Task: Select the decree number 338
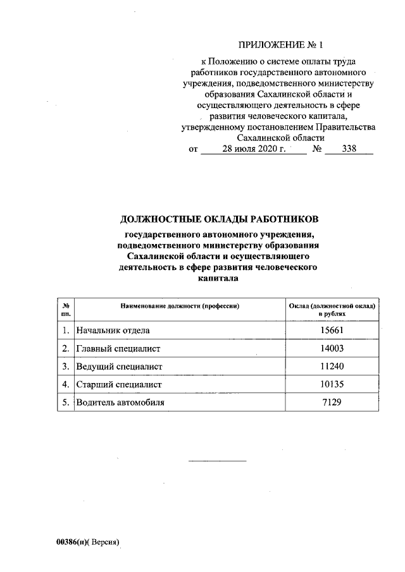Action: coord(349,150)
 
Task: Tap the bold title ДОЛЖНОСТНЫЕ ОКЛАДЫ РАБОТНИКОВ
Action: coord(220,219)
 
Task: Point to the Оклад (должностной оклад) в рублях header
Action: coord(332,310)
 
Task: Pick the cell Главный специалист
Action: coord(119,348)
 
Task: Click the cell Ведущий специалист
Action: coord(120,367)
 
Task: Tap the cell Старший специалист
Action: coord(120,384)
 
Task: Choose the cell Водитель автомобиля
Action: coord(125,403)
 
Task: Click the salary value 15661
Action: coord(332,330)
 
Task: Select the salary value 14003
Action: coord(332,348)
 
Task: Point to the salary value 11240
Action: coord(332,367)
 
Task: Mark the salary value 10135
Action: coord(332,384)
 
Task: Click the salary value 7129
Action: coord(332,403)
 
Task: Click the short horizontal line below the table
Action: coord(218,460)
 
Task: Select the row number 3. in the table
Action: coord(66,367)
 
